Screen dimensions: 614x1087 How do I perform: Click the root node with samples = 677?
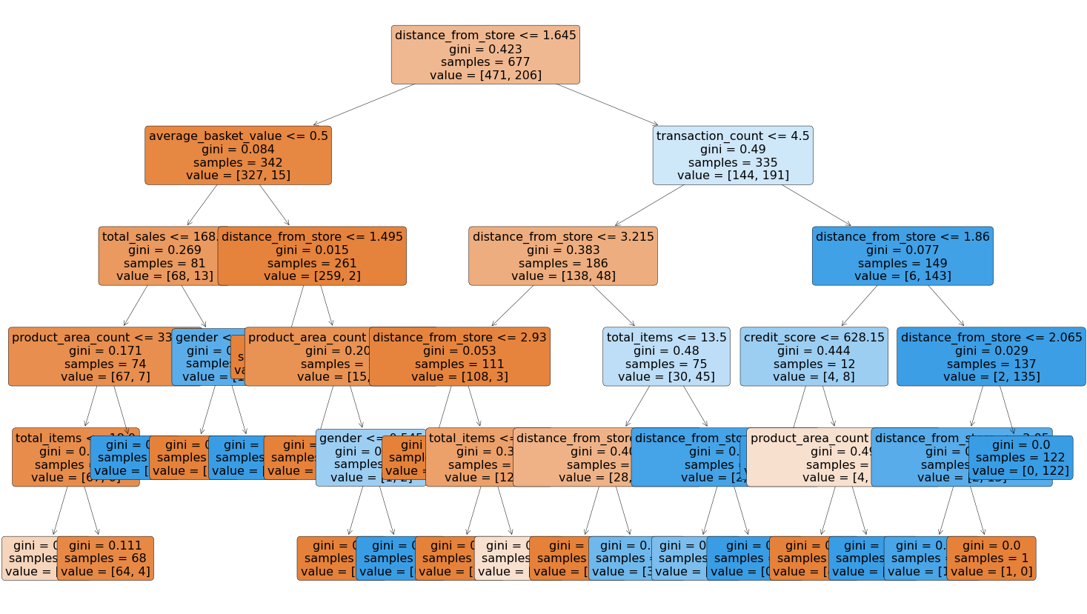click(485, 55)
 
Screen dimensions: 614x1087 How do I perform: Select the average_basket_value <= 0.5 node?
click(238, 156)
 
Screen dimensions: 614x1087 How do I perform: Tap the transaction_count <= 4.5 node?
click(733, 156)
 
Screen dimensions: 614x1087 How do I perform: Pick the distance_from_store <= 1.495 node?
click(312, 256)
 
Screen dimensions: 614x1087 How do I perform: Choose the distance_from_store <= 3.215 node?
click(563, 256)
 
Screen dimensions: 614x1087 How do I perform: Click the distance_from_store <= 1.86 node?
click(902, 256)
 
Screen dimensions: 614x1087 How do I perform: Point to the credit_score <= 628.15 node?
click(814, 357)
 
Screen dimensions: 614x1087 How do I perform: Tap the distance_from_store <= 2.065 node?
click(991, 357)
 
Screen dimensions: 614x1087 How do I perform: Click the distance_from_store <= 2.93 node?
click(459, 357)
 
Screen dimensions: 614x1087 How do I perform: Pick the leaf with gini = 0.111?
click(105, 558)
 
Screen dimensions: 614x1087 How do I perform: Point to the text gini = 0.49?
click(732, 150)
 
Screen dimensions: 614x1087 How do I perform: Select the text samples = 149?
click(902, 263)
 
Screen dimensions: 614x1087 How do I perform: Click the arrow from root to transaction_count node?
click(607, 104)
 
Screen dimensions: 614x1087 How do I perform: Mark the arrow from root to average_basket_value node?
click(364, 104)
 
